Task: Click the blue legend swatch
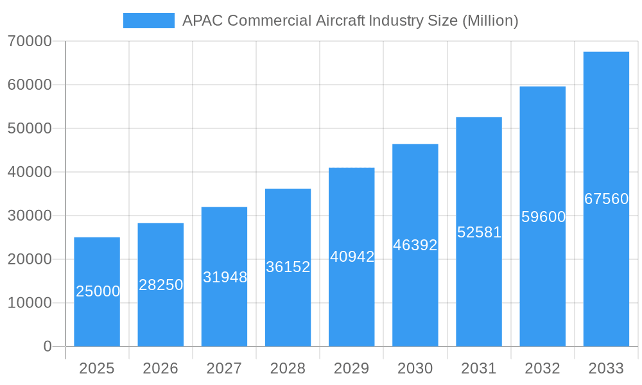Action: tap(148, 21)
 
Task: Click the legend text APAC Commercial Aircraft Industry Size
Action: tap(350, 21)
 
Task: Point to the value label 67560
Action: tap(606, 199)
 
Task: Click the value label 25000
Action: tap(98, 291)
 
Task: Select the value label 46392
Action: tap(415, 245)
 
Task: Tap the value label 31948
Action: tap(225, 277)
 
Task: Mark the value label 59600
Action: tap(543, 217)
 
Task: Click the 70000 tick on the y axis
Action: tap(30, 41)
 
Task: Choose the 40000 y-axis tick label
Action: tap(30, 172)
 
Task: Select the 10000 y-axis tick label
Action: tap(30, 303)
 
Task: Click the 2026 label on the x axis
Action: tap(160, 368)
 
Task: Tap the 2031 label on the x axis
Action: tap(479, 368)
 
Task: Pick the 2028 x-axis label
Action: tap(288, 368)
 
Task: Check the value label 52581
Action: tap(479, 232)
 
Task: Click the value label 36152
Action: tap(288, 267)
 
